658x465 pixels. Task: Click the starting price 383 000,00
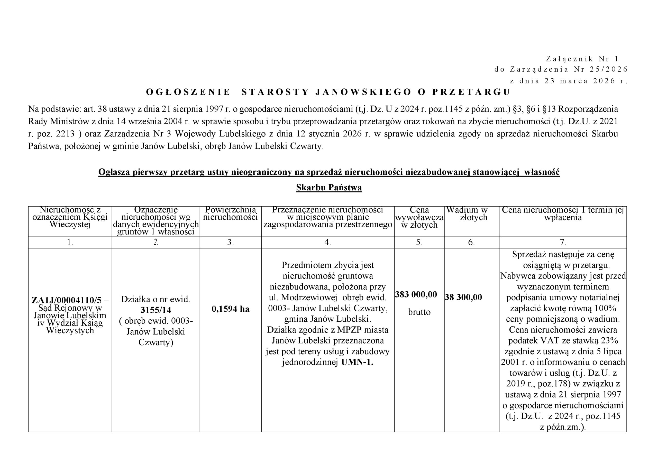pos(416,294)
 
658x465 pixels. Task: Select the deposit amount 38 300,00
pos(463,297)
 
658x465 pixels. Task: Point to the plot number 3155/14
pos(156,310)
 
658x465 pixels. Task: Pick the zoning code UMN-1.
pos(357,362)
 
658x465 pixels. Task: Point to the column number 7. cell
pos(563,242)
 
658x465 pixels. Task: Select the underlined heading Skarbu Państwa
pos(329,188)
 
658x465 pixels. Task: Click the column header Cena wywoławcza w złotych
pos(419,217)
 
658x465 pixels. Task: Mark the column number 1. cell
pos(70,242)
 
